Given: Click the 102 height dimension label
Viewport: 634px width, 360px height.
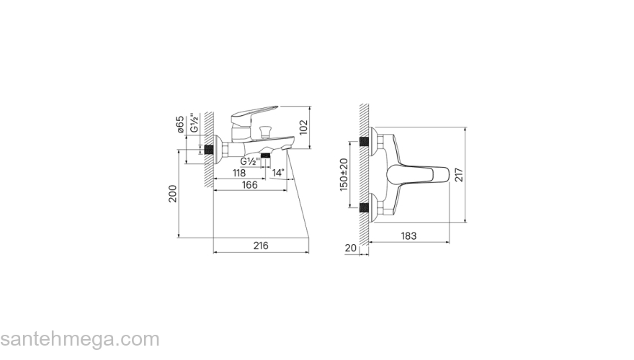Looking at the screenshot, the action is tap(303, 127).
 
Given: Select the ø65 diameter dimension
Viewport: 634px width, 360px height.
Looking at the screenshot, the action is tap(180, 124).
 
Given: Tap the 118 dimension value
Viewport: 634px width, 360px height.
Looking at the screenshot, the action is tap(239, 173).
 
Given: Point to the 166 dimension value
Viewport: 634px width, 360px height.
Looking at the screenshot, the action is tap(249, 184).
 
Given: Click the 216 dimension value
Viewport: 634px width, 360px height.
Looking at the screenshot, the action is tap(261, 246).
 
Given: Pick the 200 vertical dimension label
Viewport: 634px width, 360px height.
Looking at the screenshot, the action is tap(173, 194).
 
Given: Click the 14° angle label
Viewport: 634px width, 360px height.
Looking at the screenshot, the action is tap(278, 173).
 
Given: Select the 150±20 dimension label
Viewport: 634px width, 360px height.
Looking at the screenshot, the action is tap(344, 174).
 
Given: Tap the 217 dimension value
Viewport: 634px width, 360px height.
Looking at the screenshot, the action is tap(459, 175).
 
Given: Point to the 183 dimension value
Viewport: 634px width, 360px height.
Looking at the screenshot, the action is tap(408, 235).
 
